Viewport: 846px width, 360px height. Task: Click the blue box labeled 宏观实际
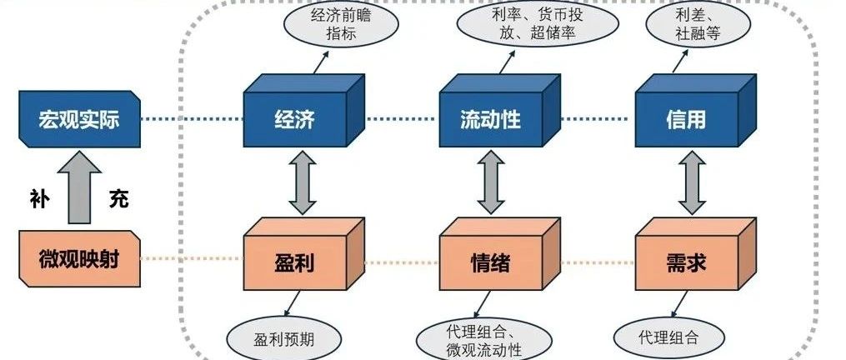80,119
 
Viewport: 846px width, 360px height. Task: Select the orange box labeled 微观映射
80,259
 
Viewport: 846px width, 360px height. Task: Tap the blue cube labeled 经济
303,111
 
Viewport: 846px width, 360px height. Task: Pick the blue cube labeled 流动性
499,111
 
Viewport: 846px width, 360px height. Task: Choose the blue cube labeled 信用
695,111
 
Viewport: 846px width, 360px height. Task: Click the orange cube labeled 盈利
303,253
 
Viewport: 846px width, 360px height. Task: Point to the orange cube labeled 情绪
499,253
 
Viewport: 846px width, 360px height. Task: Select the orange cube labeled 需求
695,253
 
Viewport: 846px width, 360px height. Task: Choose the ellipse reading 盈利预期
283,339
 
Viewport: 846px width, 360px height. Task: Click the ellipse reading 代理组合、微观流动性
483,339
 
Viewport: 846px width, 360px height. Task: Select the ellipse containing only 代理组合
668,337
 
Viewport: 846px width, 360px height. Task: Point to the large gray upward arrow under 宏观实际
79,187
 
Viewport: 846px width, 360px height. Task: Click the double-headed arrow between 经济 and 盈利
302,182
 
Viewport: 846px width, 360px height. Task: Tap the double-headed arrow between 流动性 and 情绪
491,182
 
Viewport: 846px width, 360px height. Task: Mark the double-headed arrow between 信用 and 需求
692,182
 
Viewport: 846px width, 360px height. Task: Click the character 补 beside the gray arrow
40,200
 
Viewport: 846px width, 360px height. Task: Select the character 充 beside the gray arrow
118,198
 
